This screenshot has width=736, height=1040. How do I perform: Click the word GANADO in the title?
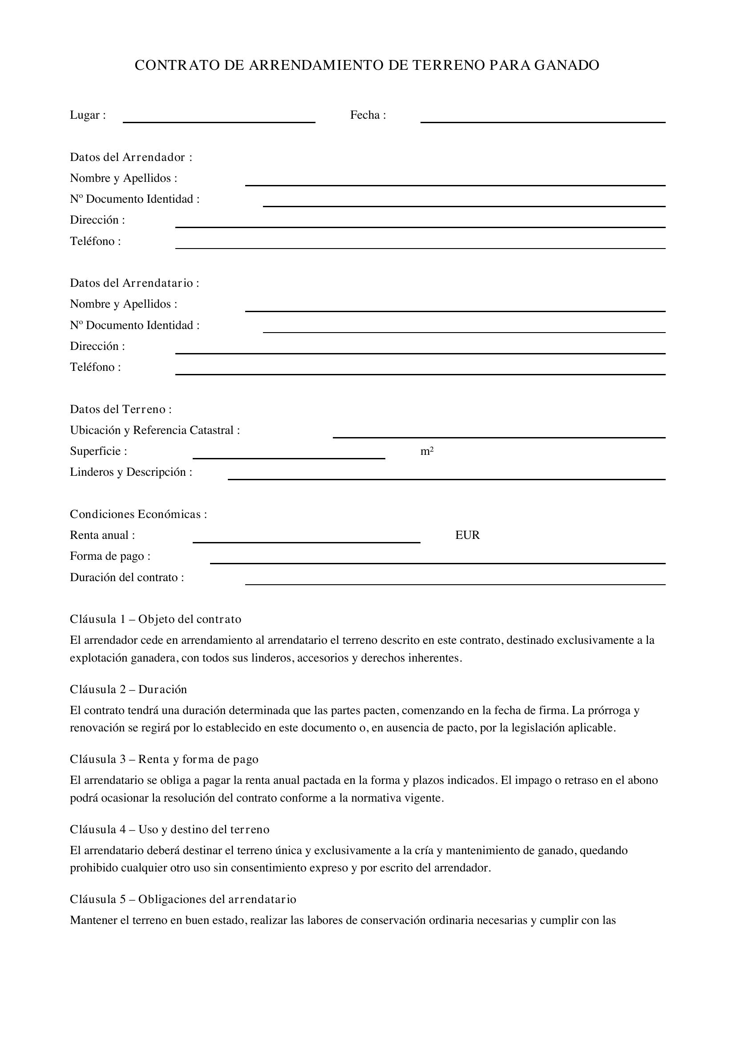(566, 65)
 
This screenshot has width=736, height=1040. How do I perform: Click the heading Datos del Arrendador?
(131, 157)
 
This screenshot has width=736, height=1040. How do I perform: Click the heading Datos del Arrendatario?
(134, 283)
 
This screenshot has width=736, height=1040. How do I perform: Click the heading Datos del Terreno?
(121, 409)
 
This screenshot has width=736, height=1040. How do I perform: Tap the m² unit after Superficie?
(427, 451)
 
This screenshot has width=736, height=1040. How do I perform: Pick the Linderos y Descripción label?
(131, 472)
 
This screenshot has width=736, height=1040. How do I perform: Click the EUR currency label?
(467, 535)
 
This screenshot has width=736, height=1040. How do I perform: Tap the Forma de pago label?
(110, 556)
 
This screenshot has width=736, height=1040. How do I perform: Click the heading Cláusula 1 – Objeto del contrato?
(155, 619)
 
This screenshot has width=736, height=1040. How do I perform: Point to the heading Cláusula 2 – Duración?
(128, 690)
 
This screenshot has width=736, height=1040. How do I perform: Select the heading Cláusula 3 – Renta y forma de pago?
(164, 759)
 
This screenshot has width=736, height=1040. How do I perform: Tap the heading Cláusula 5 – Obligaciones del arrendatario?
(183, 899)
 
